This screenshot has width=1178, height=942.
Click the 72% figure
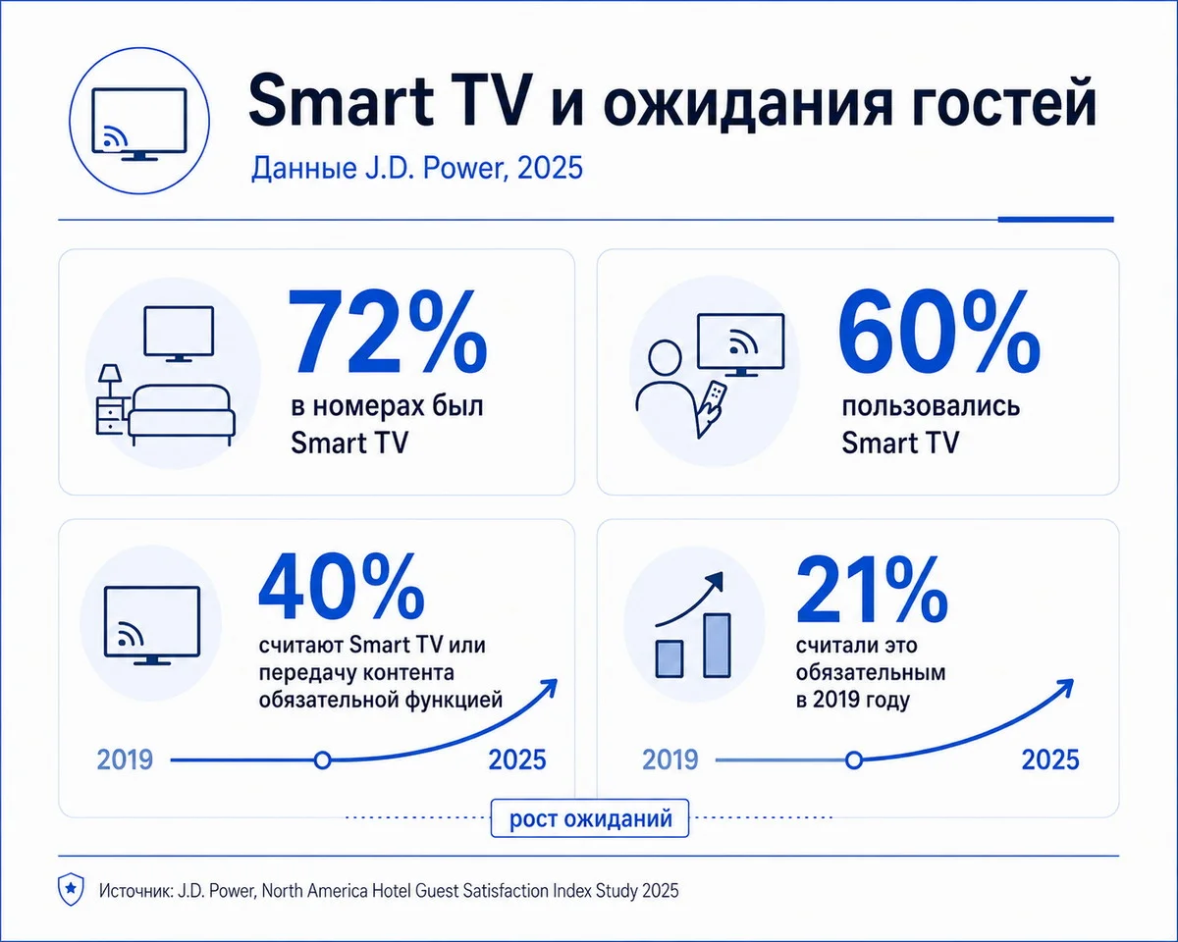pos(387,333)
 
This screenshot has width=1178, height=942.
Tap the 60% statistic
pos(938,333)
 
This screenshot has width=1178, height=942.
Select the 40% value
pos(341,586)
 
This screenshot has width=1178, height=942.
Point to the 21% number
pos(872,590)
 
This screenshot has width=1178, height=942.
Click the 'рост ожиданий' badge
pos(590,818)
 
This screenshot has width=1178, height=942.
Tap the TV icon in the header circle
pos(139,124)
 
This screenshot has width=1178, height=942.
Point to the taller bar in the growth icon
pos(717,646)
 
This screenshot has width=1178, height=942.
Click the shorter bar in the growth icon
pos(669,659)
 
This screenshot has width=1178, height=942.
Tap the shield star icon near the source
pos(71,889)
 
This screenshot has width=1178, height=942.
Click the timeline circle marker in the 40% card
pos(322,760)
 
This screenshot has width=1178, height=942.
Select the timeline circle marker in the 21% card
pos(854,760)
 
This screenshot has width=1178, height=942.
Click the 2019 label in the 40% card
pos(125,759)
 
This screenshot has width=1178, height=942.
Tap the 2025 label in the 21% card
pos(1050,759)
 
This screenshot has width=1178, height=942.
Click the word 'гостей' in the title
pos(979,102)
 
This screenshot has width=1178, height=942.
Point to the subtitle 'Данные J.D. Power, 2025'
pos(416,168)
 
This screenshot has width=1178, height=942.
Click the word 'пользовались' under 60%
pos(931,406)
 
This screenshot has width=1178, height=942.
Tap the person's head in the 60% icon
pos(665,357)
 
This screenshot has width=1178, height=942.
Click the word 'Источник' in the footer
pos(136,891)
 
